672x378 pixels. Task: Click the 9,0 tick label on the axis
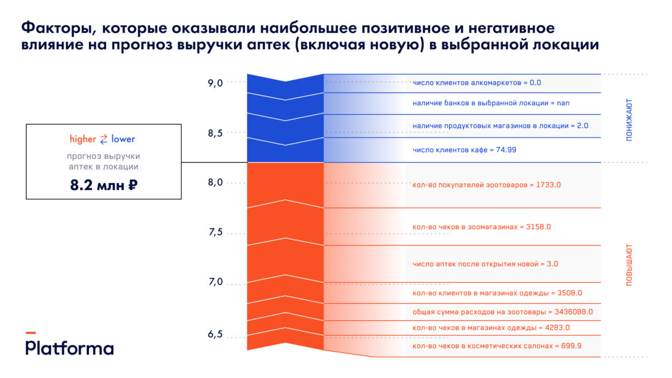point(215,83)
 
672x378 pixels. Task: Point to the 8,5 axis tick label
point(215,133)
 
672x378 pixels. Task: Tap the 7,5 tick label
point(215,232)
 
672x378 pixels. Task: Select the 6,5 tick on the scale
point(215,334)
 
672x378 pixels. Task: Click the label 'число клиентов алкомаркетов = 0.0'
point(477,83)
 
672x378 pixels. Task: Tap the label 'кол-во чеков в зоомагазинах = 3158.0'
point(481,227)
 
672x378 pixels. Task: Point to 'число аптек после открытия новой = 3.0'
point(485,264)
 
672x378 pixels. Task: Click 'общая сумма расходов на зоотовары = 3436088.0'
point(502,312)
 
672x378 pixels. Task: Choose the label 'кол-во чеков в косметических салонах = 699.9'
point(497,346)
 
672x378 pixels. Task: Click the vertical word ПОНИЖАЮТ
point(629,120)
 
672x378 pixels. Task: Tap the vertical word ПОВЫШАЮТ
point(629,265)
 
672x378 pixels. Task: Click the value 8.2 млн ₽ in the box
point(103,185)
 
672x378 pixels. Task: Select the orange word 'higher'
point(83,139)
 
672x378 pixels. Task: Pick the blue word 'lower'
point(123,139)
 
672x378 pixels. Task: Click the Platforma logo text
point(69,348)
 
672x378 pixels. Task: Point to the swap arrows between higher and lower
point(103,139)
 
